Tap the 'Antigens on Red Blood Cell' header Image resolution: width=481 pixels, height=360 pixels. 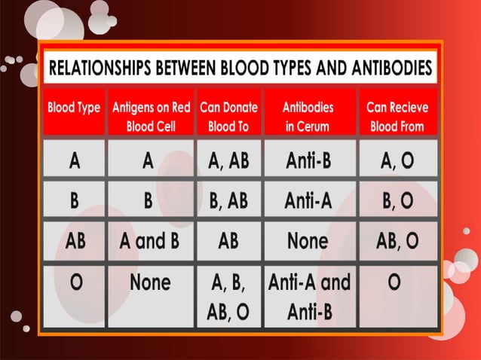coord(152,117)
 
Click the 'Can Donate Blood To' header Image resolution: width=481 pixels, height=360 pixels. coord(228,117)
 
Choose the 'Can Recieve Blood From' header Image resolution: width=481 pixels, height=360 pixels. coord(397,117)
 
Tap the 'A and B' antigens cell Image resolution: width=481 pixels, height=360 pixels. coord(152,241)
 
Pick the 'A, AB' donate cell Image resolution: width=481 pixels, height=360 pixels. coord(228,160)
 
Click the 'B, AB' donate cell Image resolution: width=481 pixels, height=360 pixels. coord(228,200)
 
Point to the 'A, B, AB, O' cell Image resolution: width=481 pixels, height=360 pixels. coord(228,297)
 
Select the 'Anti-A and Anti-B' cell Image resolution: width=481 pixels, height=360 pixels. coord(309,297)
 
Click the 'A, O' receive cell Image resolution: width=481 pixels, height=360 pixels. coord(397,160)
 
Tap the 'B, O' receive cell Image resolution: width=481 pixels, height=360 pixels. coord(397,200)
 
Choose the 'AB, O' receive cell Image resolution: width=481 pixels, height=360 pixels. coord(397,241)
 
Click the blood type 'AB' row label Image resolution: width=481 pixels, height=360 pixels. coord(75,241)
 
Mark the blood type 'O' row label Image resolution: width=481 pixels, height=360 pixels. coord(75,282)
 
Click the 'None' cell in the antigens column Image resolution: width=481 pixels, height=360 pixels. coord(151,282)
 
